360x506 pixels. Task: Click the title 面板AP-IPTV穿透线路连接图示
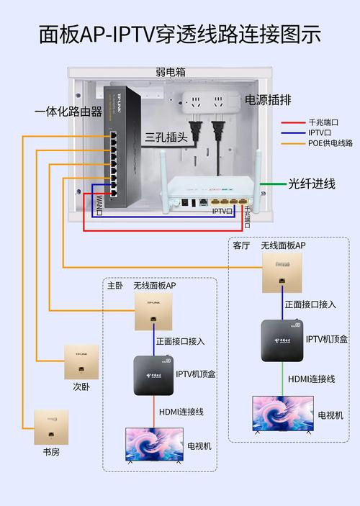pos(179,34)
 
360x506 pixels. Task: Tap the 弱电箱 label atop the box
pos(170,72)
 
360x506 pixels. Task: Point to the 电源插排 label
pos(270,100)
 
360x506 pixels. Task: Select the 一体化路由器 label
pos(68,111)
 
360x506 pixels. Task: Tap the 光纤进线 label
pos(312,184)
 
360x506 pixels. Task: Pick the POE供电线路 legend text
pos(330,143)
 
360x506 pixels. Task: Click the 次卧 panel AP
pos(81,361)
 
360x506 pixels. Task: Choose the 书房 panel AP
pos(51,427)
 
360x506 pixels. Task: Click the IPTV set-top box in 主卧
pos(153,374)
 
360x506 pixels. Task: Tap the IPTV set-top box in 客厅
pos(282,340)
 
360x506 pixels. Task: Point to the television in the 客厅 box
pos(282,414)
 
